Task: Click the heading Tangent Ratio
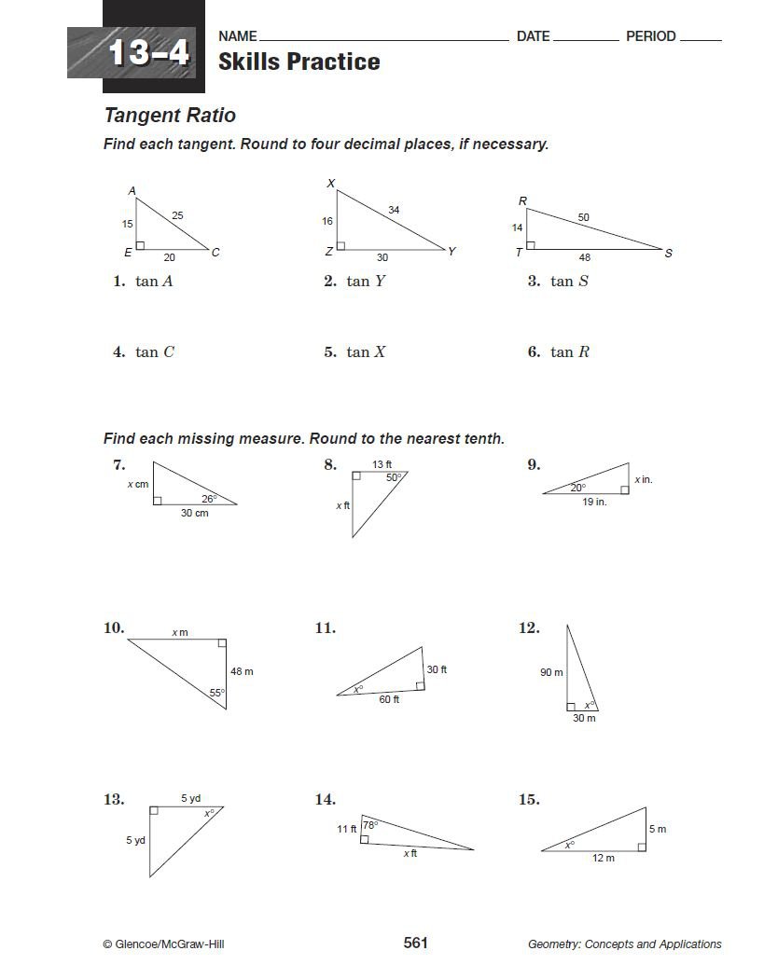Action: (170, 116)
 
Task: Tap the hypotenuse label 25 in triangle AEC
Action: (177, 216)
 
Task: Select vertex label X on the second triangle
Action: (330, 184)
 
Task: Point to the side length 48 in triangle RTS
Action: (584, 258)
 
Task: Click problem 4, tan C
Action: (145, 352)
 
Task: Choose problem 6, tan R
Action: (559, 352)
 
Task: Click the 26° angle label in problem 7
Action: (209, 499)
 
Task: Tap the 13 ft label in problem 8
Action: (382, 464)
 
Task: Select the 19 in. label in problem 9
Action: (594, 502)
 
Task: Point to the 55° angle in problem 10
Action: (215, 693)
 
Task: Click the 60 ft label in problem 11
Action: (389, 699)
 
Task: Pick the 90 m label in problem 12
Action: (551, 672)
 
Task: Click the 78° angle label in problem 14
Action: (369, 825)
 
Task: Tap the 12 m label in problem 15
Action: (604, 859)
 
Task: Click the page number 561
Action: (415, 944)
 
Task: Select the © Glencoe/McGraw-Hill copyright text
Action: (163, 944)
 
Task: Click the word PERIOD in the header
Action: (650, 36)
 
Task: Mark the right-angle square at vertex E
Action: (140, 246)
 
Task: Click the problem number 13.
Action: (114, 799)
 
